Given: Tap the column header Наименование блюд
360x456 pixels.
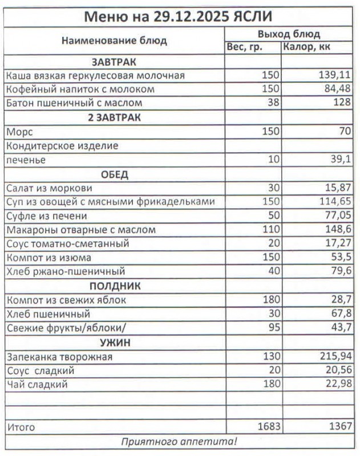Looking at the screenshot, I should click(114, 40).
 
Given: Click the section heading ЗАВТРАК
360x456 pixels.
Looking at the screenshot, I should click(114, 62).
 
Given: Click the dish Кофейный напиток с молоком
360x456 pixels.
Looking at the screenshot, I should click(80, 89).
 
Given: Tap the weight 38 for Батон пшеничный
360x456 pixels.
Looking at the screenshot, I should click(273, 103).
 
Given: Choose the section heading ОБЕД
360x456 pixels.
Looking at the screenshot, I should click(114, 174).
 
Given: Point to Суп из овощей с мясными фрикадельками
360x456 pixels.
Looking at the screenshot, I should click(111, 202).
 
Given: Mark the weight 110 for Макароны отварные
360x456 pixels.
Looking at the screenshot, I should click(270, 230).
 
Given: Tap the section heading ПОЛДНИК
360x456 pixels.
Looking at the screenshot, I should click(114, 286).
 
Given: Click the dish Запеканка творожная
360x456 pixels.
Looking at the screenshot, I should click(59, 357).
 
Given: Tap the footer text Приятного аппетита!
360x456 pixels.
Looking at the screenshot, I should click(179, 442).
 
